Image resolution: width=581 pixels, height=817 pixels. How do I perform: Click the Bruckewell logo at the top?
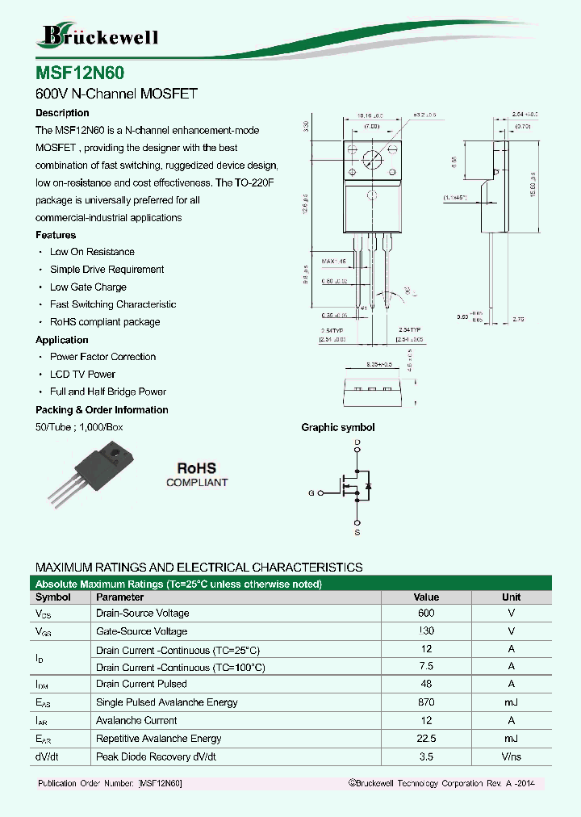(98, 36)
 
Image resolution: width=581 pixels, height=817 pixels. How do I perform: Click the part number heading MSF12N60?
(80, 72)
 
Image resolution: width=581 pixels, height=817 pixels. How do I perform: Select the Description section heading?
(62, 113)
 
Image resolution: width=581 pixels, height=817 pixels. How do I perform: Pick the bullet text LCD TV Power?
(82, 375)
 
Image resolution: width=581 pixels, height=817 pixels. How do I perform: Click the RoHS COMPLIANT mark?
(197, 475)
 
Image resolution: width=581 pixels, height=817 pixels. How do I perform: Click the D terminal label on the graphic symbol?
(357, 443)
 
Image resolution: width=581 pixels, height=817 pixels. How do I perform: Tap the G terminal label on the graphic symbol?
(311, 492)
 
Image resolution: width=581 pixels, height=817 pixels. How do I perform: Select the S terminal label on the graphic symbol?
(357, 534)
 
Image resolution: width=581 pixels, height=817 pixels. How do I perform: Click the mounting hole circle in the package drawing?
(371, 158)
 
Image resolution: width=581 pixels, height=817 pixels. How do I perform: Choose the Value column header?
(426, 597)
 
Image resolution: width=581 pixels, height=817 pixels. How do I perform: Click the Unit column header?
(511, 597)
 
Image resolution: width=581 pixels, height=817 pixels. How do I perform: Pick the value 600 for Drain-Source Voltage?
(426, 614)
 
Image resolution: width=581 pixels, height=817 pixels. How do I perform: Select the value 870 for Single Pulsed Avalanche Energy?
(426, 702)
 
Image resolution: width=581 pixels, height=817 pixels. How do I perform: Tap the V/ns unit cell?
(511, 757)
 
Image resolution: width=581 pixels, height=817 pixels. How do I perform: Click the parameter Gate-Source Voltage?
(141, 631)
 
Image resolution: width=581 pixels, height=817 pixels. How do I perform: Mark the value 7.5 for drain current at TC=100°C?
(426, 667)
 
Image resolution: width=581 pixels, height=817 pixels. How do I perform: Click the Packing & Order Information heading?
(102, 410)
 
